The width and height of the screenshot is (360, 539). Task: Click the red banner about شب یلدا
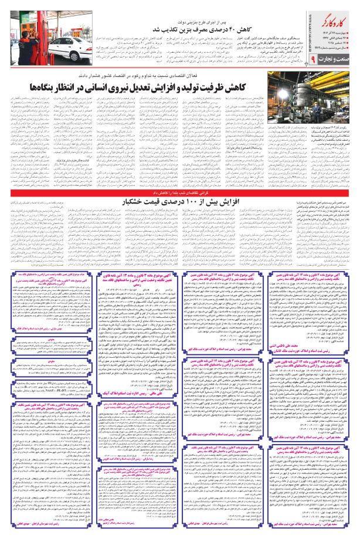180,192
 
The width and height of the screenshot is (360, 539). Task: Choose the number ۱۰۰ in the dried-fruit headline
193,202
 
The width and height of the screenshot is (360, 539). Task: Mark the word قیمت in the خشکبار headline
162,202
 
